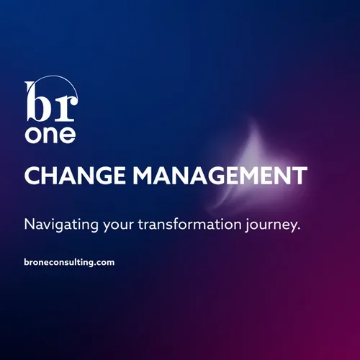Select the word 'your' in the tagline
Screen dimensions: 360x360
(118, 225)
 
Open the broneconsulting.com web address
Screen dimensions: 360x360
(69, 263)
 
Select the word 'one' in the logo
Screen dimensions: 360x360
(50, 135)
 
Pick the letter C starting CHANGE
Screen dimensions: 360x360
(31, 176)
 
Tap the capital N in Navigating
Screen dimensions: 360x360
(30, 223)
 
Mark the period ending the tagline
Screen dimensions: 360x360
(297, 229)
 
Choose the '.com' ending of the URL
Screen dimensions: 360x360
(105, 263)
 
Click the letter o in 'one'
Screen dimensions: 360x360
(33, 135)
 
